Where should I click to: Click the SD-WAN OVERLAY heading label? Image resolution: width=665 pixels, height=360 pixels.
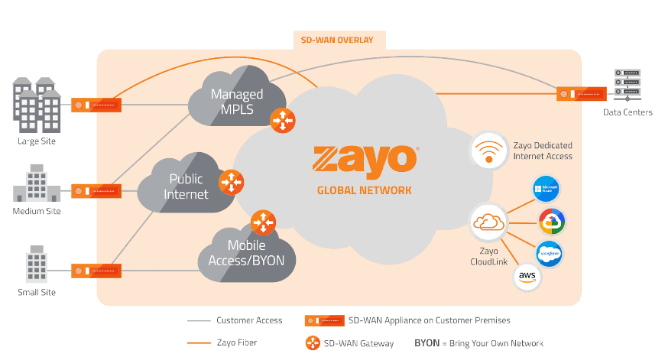(339, 40)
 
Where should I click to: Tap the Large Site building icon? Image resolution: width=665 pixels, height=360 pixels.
(37, 105)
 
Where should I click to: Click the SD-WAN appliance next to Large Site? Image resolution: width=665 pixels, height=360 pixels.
(96, 105)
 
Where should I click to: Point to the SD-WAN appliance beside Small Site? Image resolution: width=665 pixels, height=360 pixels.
(96, 271)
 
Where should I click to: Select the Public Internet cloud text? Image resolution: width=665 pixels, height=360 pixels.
(186, 186)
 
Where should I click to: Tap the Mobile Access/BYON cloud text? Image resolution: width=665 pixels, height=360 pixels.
(246, 253)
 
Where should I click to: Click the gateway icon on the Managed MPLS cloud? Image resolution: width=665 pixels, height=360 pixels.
(281, 118)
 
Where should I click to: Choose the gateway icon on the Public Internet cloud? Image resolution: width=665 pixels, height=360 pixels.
(231, 183)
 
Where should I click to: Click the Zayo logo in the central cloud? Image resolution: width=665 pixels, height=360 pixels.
(365, 159)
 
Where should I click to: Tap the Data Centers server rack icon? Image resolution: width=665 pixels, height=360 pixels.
(628, 84)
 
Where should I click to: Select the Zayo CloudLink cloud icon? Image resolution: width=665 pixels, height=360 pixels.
(488, 222)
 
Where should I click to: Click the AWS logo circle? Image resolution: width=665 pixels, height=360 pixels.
(526, 276)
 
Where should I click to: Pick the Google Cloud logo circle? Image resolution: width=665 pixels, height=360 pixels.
(551, 222)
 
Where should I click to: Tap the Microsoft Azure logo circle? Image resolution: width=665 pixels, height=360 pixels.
(547, 188)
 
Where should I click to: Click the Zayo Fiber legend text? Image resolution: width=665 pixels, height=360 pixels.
(236, 343)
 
